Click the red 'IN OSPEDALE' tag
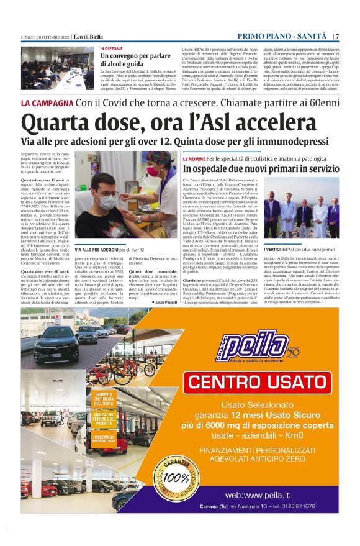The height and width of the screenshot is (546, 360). pos(112,48)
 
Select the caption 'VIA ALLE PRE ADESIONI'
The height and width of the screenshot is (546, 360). pos(99,249)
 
